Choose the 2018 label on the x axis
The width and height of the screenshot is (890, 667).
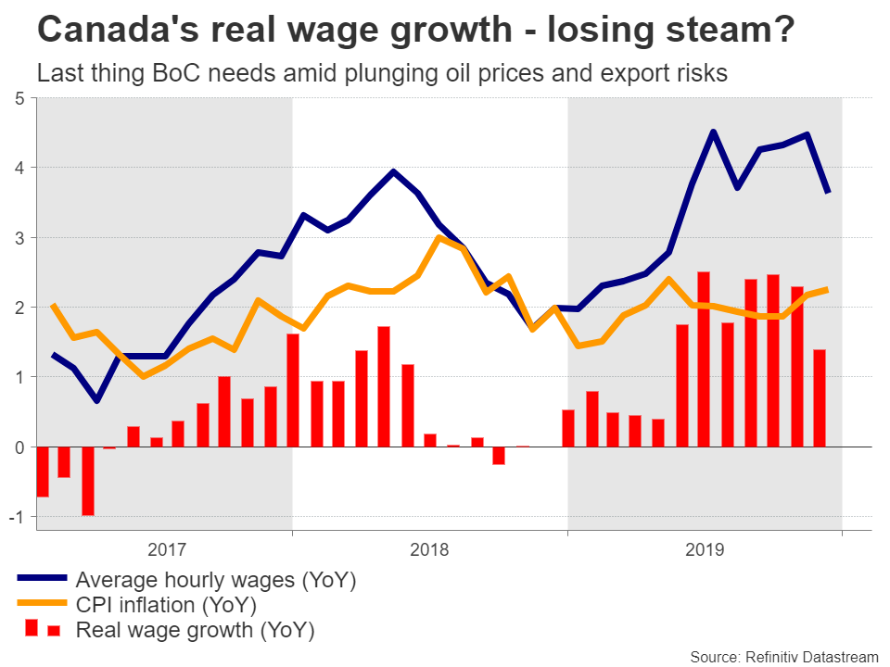429,549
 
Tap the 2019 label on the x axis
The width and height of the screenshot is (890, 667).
706,549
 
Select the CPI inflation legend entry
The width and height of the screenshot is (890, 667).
166,606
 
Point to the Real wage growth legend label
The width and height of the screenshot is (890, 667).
195,631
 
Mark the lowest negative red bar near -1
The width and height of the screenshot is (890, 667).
88,481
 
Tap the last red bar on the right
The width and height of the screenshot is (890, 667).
819,397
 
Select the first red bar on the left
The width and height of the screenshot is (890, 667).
42,472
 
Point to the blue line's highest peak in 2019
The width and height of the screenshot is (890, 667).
713,132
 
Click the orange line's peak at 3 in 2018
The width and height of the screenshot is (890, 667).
439,237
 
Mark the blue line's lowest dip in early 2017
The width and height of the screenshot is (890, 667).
97,400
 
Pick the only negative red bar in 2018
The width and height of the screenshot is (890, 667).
499,455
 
